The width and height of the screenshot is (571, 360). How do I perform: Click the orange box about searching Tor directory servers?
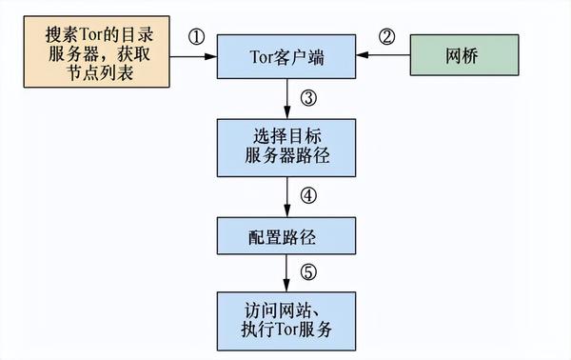pos(96,51)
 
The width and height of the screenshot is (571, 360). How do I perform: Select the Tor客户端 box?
pos(286,56)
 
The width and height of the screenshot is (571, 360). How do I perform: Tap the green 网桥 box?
pos(464,55)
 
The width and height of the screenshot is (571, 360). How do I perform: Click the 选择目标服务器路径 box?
pos(286,148)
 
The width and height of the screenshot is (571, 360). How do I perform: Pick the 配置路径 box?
pos(286,236)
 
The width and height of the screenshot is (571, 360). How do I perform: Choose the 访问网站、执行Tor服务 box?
pos(286,321)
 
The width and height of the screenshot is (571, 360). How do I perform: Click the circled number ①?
pos(197,37)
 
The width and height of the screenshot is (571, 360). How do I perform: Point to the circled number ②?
pos(386,36)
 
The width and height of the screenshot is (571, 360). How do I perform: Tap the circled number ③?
pos(308,98)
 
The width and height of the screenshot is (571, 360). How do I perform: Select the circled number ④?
pos(308,195)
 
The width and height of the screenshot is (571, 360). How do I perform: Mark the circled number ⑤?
pos(308,272)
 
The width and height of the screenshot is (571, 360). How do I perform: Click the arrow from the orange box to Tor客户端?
pos(193,56)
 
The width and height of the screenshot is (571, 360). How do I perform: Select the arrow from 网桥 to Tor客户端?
pos(384,55)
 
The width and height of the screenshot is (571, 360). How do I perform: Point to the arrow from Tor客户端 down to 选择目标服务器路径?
pos(287,99)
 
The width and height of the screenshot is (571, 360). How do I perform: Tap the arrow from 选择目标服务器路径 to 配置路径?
pos(287,197)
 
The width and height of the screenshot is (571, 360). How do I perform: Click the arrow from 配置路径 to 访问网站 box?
pos(286,273)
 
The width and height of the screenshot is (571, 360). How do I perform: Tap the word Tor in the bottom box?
pos(286,330)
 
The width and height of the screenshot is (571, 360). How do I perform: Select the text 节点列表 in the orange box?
pos(100,73)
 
